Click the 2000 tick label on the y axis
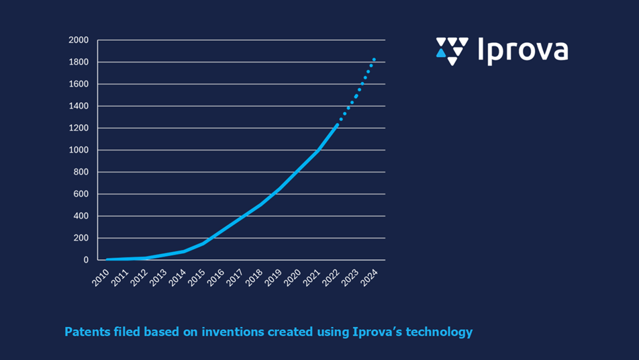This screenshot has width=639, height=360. pyautogui.click(x=79, y=40)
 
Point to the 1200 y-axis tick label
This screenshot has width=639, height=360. pyautogui.click(x=79, y=128)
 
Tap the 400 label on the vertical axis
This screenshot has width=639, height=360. pyautogui.click(x=81, y=216)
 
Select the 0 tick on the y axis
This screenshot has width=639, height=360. pyautogui.click(x=86, y=260)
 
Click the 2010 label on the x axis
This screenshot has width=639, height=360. pyautogui.click(x=101, y=277)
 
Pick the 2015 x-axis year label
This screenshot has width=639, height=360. pyautogui.click(x=196, y=277)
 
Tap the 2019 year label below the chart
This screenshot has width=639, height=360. pyautogui.click(x=273, y=277)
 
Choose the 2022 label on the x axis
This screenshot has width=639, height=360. pyautogui.click(x=330, y=277)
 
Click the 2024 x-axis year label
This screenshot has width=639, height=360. pyautogui.click(x=368, y=277)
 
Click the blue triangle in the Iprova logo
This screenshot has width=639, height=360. pyautogui.click(x=441, y=52)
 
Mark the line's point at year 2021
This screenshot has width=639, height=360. pyautogui.click(x=317, y=151)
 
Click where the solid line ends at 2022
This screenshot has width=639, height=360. pyautogui.click(x=337, y=124)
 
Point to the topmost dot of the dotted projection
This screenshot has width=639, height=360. pyautogui.click(x=374, y=60)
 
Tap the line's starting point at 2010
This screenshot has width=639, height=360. pyautogui.click(x=107, y=259)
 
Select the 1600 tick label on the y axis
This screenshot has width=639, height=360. pyautogui.click(x=79, y=85)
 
